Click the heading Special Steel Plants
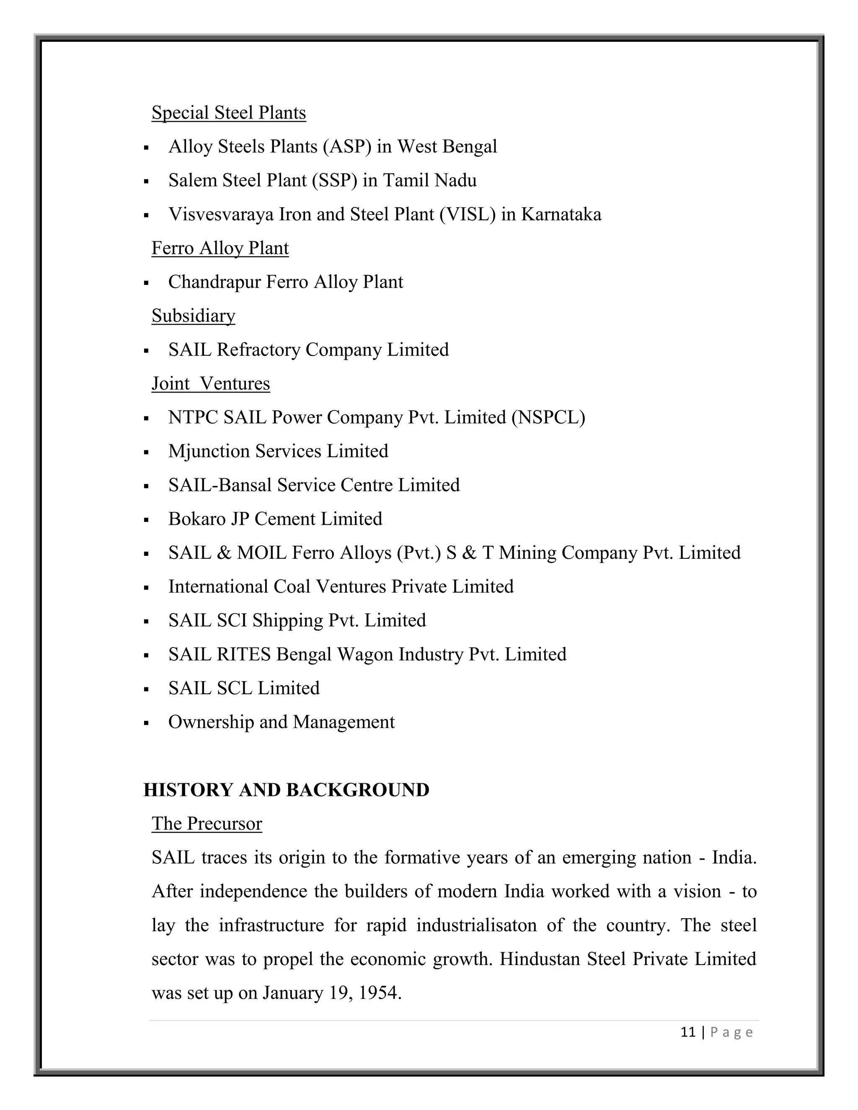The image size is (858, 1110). [x=228, y=113]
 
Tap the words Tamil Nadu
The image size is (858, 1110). [x=429, y=181]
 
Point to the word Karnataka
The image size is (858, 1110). [x=561, y=214]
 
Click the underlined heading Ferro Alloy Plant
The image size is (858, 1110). [x=220, y=248]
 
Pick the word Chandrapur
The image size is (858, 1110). [x=214, y=282]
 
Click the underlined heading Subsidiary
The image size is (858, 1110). [x=193, y=316]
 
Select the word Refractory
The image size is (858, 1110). [x=258, y=350]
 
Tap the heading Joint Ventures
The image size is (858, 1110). [x=210, y=384]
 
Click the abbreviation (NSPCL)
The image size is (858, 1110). [x=548, y=418]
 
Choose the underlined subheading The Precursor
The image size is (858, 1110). [x=207, y=824]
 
